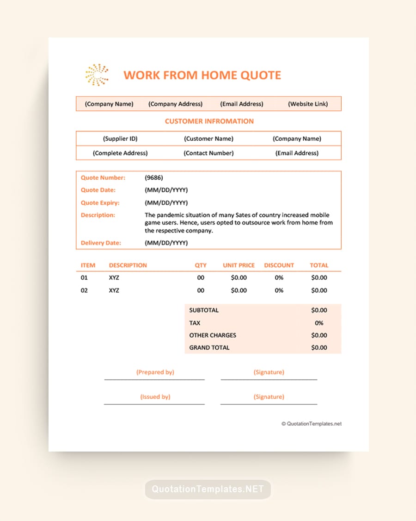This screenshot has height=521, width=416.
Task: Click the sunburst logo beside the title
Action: (x=97, y=75)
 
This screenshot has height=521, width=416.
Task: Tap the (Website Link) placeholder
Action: (x=308, y=104)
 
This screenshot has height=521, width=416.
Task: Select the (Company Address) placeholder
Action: (x=175, y=104)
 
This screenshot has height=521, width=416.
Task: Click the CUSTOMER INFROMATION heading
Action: (x=209, y=121)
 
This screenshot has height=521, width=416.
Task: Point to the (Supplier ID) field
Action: (x=120, y=138)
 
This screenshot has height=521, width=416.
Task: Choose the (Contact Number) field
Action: (x=208, y=153)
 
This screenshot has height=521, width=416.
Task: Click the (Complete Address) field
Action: (x=120, y=153)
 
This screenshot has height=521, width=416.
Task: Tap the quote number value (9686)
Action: (x=154, y=177)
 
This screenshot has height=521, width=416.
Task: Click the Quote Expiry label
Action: (x=100, y=202)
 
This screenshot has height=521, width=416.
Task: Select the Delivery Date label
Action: (x=101, y=243)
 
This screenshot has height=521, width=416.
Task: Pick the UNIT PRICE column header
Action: (x=239, y=265)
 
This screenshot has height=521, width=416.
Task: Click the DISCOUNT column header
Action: (x=279, y=265)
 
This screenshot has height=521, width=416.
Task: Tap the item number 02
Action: (x=84, y=290)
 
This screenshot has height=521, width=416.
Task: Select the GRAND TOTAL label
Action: (x=209, y=347)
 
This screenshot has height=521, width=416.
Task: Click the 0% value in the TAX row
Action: (x=319, y=323)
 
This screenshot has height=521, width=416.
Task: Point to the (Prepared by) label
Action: (x=155, y=372)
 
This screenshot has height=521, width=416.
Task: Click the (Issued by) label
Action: (x=155, y=396)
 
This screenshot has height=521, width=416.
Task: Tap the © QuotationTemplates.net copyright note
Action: (x=312, y=423)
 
